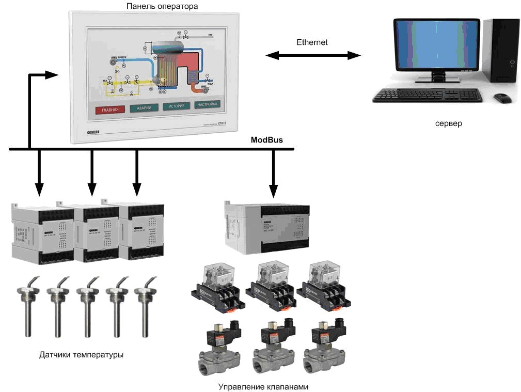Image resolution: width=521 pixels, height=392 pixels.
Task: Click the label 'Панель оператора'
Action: click(162, 6)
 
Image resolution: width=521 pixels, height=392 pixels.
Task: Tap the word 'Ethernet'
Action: click(312, 42)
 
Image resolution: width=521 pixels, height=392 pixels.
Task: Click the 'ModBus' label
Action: click(266, 140)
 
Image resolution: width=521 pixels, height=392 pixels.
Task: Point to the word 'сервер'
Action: click(448, 124)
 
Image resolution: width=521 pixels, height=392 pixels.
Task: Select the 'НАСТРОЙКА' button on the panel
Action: click(208, 104)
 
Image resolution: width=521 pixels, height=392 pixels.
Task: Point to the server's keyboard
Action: click(428, 95)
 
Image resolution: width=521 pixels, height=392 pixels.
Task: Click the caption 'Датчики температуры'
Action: click(82, 355)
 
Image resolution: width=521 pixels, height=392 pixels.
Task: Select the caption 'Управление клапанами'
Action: click(263, 386)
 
